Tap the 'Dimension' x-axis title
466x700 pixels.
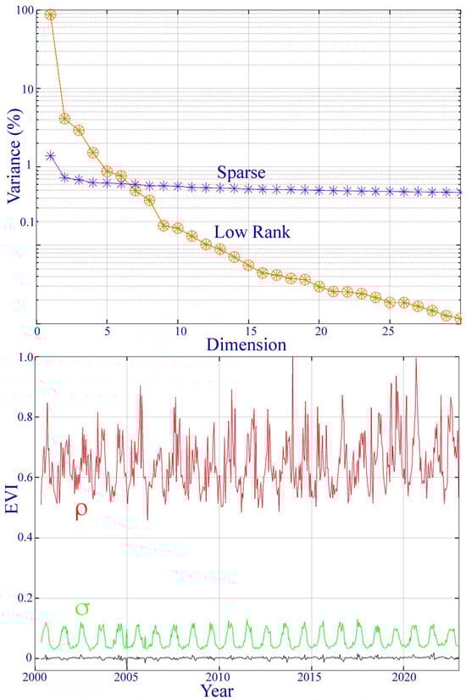coord(233,344)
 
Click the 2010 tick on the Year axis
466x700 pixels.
coord(219,678)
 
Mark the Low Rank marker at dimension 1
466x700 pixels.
coord(51,15)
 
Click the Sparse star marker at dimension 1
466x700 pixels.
coord(51,156)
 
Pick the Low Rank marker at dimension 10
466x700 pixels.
coord(178,228)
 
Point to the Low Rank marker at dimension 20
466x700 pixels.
coord(319,287)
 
